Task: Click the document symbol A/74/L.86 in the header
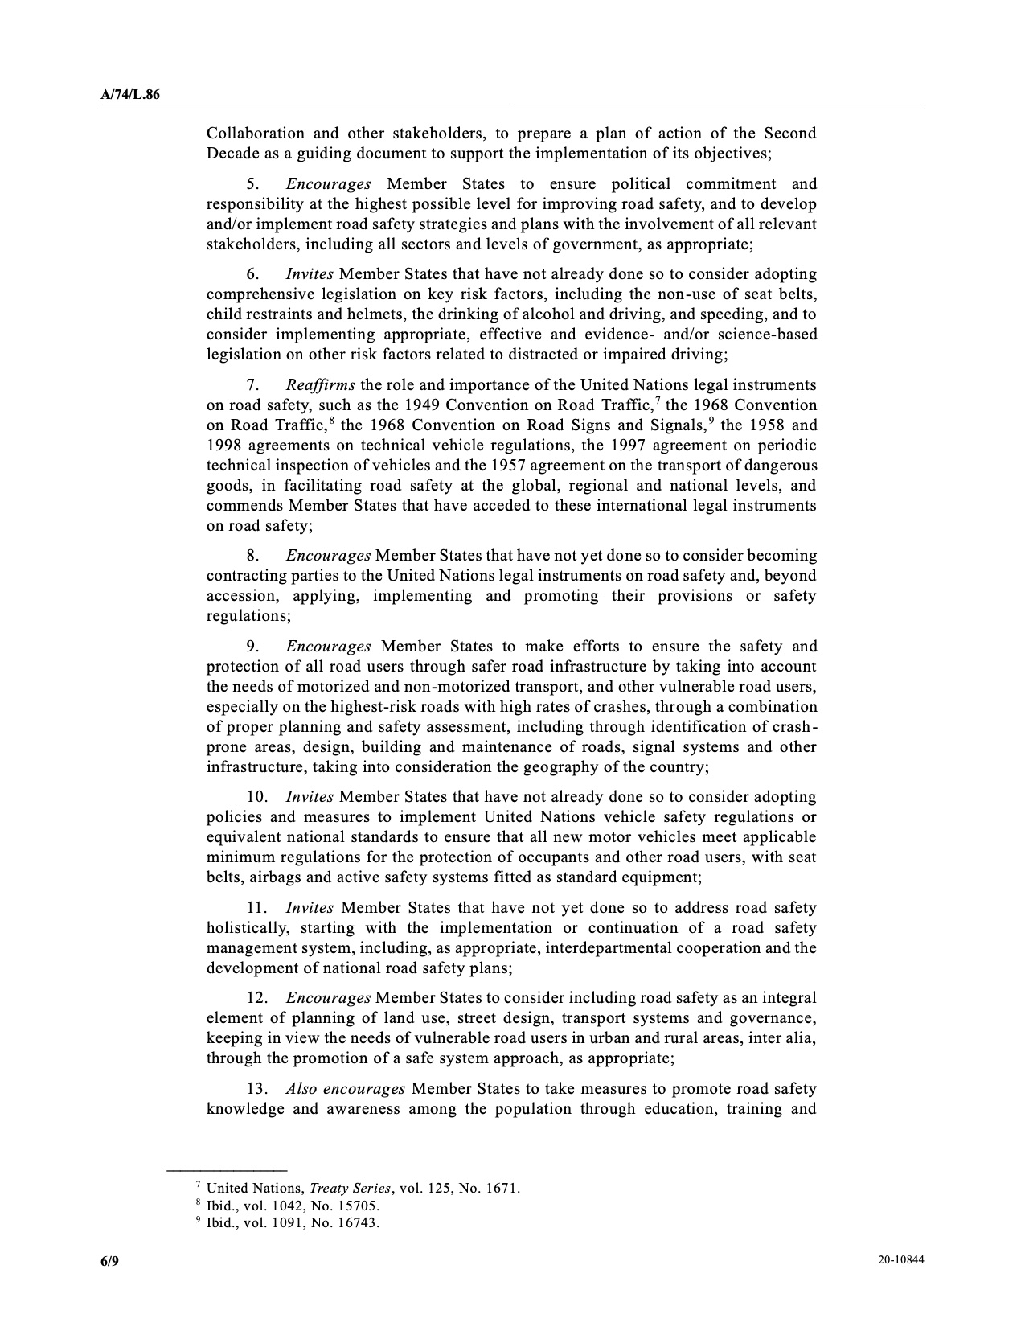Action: pos(130,95)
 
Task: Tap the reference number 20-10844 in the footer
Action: pos(901,1261)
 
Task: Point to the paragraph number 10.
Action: pos(257,797)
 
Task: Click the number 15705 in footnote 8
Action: pos(359,1206)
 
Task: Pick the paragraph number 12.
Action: pos(257,998)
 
